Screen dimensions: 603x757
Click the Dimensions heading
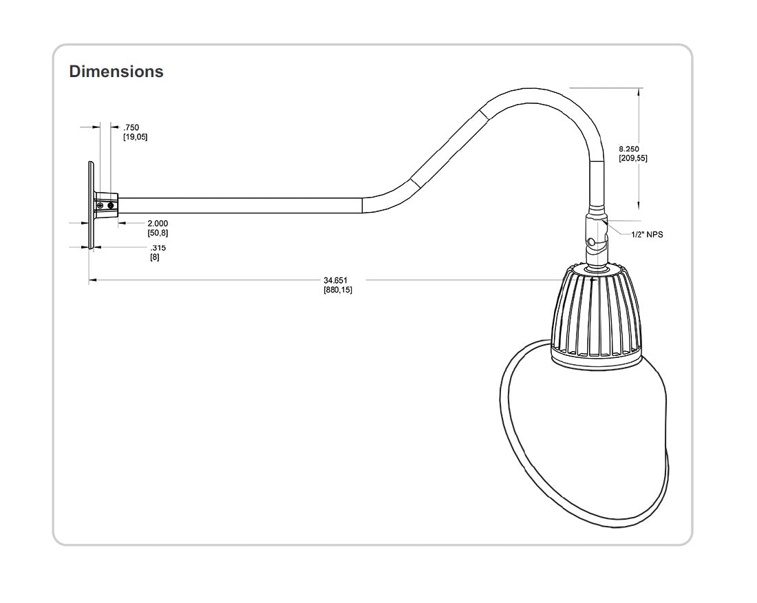[x=116, y=71]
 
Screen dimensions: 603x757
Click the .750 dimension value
[x=131, y=127]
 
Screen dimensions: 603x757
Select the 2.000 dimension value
[x=158, y=224]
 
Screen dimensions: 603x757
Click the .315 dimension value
[x=158, y=248]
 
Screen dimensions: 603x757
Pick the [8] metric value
[x=155, y=257]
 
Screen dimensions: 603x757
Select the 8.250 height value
[x=629, y=149]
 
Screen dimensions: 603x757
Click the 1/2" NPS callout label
[x=647, y=235]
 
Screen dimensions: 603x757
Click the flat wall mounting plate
[x=91, y=205]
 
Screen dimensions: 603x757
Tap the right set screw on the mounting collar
[x=111, y=205]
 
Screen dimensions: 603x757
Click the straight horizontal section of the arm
[x=241, y=205]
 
